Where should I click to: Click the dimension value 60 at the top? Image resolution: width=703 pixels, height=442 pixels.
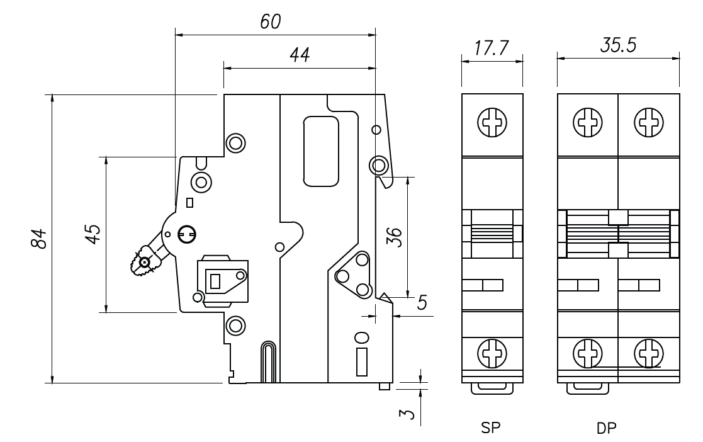click(x=271, y=21)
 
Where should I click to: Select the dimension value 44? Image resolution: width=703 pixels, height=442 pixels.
click(x=300, y=55)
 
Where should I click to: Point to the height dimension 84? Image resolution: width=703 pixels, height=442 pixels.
click(x=39, y=238)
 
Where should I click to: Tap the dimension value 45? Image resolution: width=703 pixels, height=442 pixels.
click(x=92, y=234)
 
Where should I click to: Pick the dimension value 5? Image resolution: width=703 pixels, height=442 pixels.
click(x=422, y=303)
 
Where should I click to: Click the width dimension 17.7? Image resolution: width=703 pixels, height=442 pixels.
click(x=492, y=48)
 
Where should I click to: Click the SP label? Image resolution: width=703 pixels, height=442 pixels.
click(x=492, y=428)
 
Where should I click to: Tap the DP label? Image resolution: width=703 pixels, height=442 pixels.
click(x=607, y=428)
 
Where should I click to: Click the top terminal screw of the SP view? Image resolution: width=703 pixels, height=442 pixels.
click(x=492, y=122)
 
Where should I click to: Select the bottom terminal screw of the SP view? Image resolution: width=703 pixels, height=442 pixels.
click(x=492, y=353)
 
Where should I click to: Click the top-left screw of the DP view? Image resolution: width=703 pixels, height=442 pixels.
click(x=587, y=122)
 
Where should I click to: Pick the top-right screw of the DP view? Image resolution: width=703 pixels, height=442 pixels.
click(x=648, y=122)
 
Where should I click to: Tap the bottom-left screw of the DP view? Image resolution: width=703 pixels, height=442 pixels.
click(x=587, y=353)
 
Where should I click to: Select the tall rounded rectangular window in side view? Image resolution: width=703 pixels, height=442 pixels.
click(x=321, y=151)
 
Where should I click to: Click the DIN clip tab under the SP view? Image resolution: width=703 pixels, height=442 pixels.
click(x=492, y=388)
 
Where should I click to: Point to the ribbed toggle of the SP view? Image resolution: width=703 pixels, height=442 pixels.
click(x=492, y=234)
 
